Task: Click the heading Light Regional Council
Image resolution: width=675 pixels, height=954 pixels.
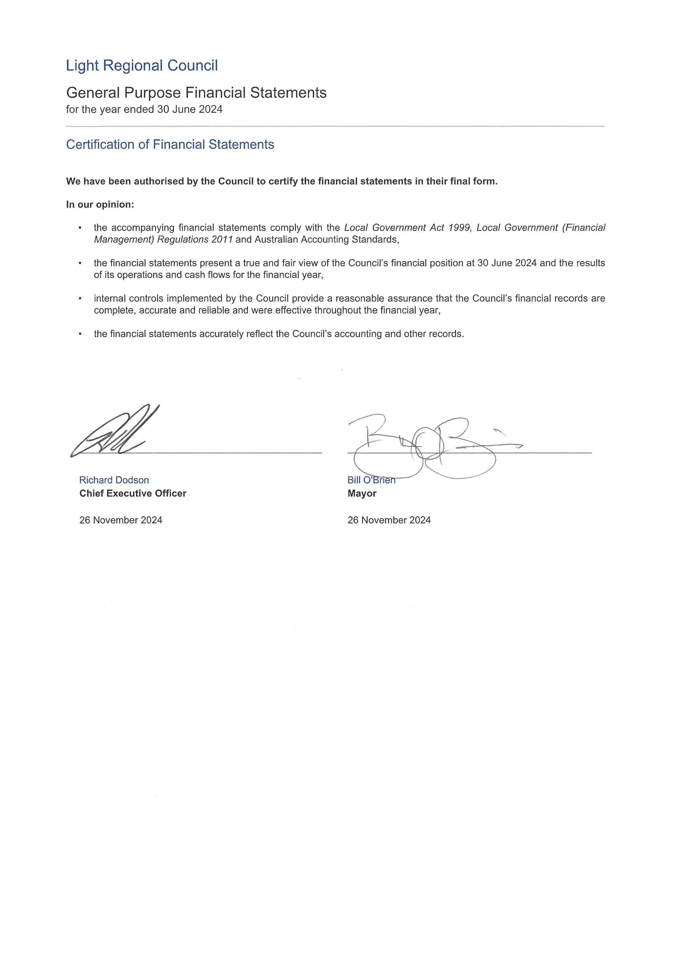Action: coord(142,66)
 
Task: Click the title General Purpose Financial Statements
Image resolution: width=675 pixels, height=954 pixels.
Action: coord(196,93)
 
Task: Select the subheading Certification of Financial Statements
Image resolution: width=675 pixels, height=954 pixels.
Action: coord(170,145)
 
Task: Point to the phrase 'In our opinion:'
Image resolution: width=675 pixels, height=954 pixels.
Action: coord(100,205)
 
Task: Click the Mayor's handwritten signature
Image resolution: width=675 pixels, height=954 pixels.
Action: coord(428,447)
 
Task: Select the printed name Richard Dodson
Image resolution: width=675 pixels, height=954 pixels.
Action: coord(114,480)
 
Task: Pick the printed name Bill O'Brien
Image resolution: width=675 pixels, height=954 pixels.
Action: coord(371,480)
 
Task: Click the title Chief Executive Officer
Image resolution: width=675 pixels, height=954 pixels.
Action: coord(133,494)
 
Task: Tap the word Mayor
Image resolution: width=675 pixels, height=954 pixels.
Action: coord(362,494)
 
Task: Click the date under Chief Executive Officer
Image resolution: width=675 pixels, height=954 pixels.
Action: coord(120,520)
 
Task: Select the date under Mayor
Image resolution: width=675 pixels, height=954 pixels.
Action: coord(389,520)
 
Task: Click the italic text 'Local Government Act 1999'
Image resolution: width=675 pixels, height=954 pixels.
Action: coord(407,228)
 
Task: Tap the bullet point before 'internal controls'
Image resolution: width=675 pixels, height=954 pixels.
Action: coord(80,299)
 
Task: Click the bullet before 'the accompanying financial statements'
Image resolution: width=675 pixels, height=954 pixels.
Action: coord(80,228)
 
